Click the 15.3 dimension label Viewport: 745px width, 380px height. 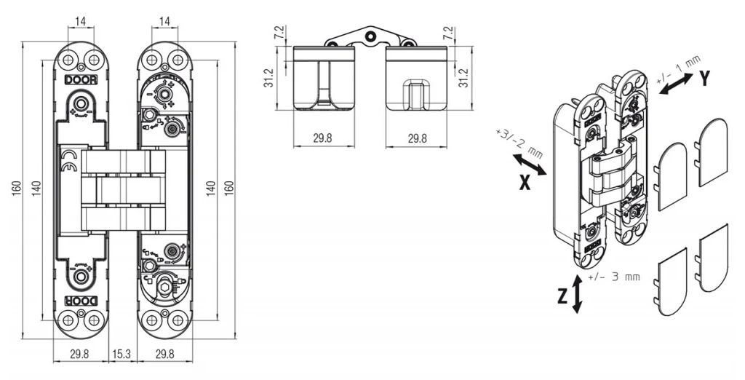coord(121,354)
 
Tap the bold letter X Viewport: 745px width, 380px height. coord(524,183)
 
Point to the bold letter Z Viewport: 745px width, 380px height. coord(562,296)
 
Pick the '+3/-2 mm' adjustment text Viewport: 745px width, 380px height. coord(518,143)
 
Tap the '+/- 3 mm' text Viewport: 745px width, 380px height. coord(613,277)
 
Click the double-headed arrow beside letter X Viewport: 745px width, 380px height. coord(530,165)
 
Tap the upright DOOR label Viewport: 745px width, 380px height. coord(81,80)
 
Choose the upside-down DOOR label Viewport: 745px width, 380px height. coord(81,301)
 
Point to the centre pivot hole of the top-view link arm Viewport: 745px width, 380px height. coord(370,35)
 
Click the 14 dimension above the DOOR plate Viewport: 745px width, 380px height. coord(81,20)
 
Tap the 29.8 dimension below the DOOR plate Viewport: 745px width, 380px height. coord(79,354)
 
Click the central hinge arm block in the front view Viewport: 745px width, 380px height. coord(123,190)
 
